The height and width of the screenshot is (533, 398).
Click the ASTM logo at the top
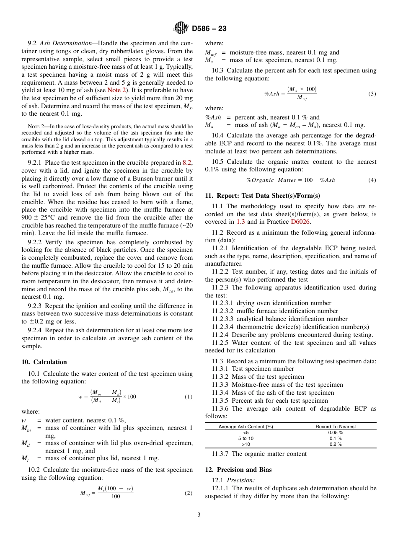coord(181,28)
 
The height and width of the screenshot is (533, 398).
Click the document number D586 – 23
coord(209,29)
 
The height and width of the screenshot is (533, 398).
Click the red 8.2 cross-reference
coord(187,163)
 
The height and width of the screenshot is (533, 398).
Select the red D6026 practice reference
coord(300,222)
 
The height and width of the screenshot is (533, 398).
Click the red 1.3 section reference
coord(240,222)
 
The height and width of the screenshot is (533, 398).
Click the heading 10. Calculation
coord(44,362)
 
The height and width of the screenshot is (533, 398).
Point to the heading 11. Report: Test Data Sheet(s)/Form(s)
coord(263,195)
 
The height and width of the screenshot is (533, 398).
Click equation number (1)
coord(189,396)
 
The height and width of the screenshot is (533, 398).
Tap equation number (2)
coord(189,493)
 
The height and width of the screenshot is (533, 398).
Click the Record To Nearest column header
coord(336,427)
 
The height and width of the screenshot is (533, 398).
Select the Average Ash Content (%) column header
coord(246,427)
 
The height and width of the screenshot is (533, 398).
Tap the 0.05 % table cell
coord(336,432)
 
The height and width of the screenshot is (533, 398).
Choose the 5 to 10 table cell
coord(246,438)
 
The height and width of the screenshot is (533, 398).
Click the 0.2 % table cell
coord(336,444)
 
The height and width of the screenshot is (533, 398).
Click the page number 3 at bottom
coord(199,515)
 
